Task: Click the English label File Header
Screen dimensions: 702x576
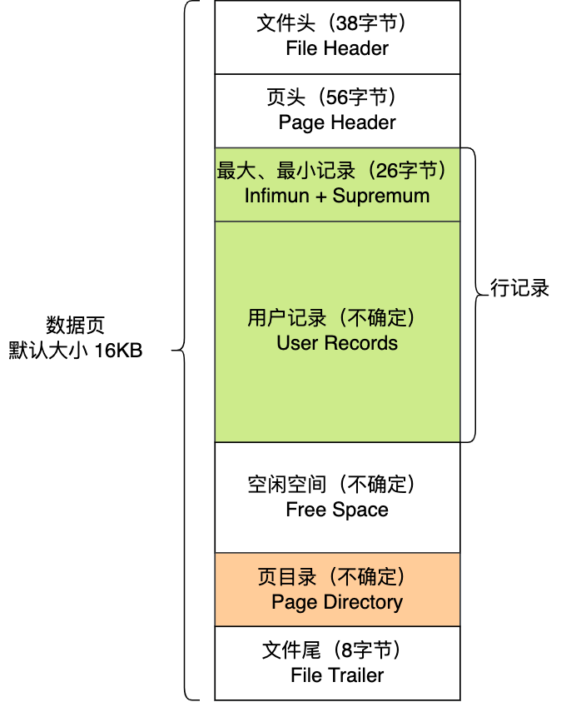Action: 337,48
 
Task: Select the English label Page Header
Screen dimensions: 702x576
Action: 337,122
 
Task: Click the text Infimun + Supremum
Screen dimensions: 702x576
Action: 337,196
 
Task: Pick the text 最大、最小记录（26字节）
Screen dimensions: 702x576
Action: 337,171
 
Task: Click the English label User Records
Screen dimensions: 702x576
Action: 337,343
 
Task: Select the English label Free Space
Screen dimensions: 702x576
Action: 337,510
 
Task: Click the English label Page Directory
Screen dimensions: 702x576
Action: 337,602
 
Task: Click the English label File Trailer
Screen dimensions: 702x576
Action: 337,675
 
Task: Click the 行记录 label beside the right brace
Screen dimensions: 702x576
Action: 519,289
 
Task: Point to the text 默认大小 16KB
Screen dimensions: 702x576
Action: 76,351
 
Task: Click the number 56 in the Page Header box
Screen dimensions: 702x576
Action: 330,97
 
